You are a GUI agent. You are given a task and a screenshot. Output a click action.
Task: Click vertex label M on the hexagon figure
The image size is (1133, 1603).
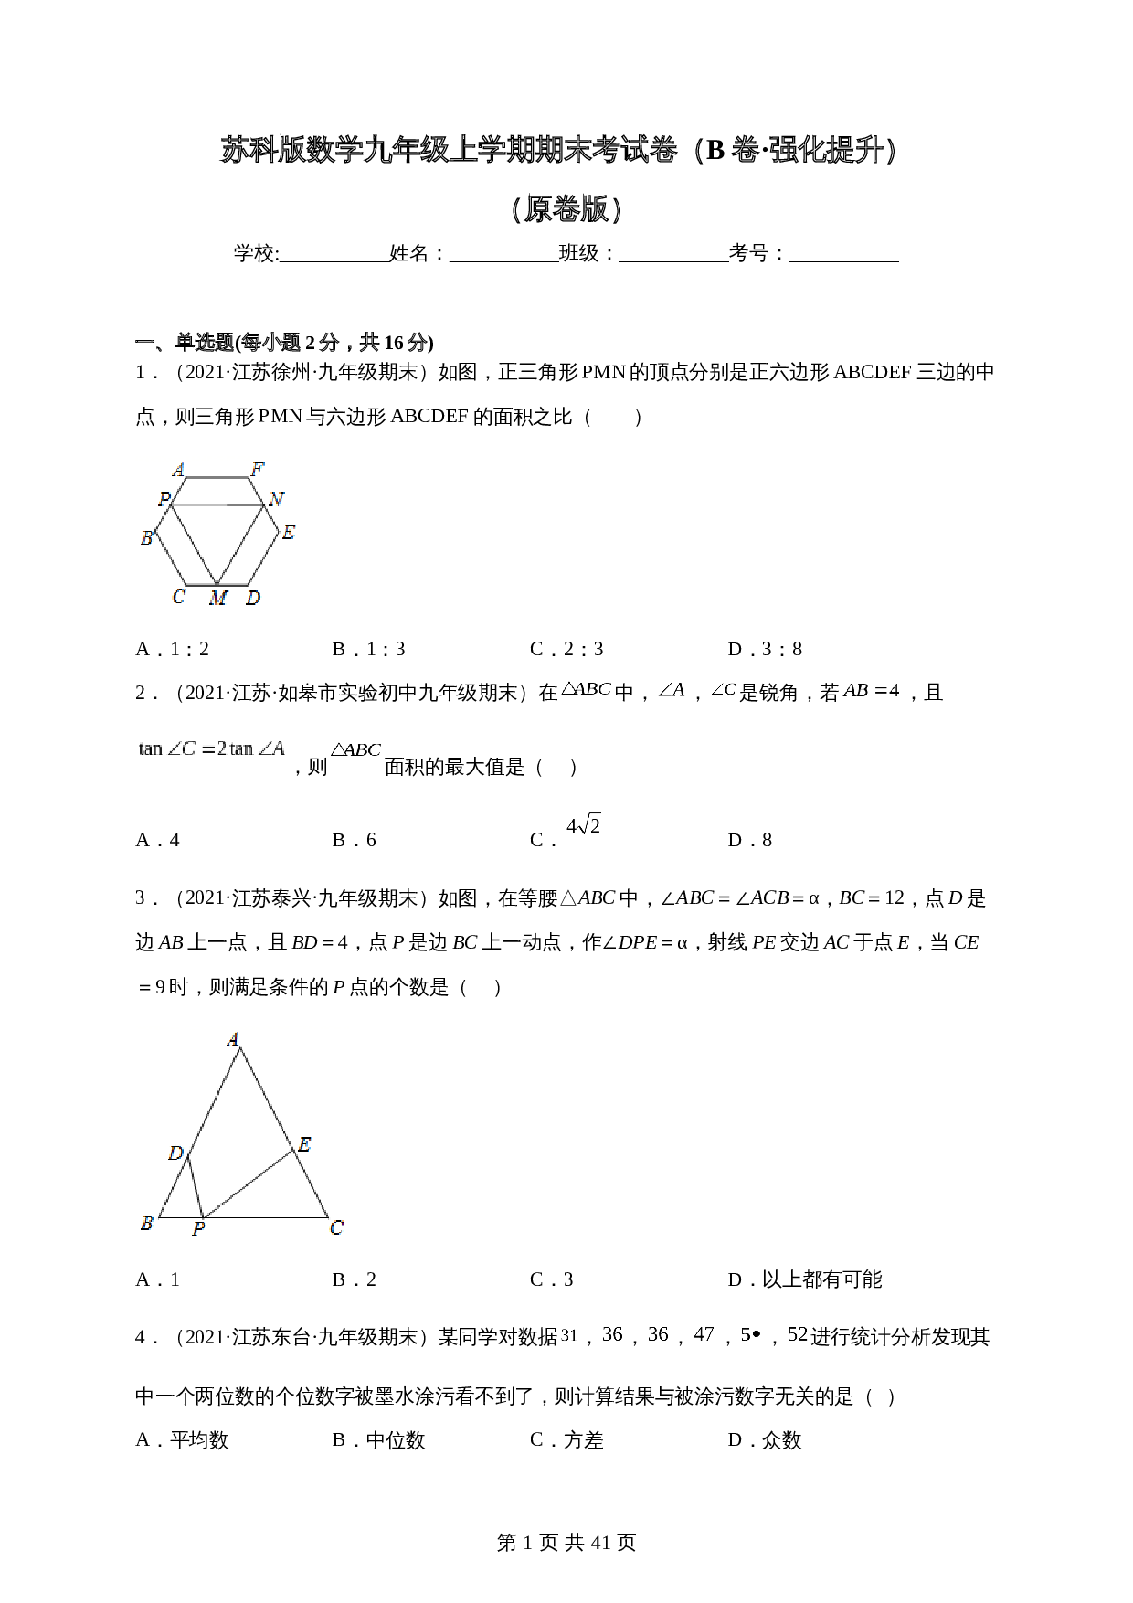point(217,599)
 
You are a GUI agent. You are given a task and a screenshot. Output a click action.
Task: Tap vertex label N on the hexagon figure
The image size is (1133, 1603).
point(276,499)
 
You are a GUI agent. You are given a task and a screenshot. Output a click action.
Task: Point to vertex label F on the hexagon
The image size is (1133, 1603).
point(258,470)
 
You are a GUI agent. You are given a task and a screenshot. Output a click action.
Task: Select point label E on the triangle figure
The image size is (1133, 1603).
point(304,1144)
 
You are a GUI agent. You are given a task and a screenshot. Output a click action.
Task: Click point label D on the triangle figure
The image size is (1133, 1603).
point(175,1153)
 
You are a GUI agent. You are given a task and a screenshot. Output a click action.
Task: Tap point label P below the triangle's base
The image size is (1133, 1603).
point(198,1230)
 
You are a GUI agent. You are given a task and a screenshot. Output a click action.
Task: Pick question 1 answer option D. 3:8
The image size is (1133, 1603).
point(765,649)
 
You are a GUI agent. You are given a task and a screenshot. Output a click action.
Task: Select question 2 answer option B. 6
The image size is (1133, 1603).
point(355,840)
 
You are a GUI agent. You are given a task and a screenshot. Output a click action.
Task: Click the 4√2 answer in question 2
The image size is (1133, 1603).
point(583,826)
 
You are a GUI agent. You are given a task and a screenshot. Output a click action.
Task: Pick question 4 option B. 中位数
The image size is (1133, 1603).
point(378,1440)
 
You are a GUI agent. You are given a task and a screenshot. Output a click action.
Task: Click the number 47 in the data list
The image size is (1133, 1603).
point(704,1334)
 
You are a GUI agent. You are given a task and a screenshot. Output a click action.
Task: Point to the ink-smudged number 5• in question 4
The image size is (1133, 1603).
point(749,1334)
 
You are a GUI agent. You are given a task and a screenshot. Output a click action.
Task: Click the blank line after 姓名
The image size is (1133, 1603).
point(503,255)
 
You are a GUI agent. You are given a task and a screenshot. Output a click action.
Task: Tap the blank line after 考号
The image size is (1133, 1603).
point(843,255)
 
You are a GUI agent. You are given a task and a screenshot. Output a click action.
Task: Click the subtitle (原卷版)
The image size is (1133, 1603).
point(566,209)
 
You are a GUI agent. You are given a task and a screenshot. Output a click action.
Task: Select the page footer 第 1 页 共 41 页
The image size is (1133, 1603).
point(566,1543)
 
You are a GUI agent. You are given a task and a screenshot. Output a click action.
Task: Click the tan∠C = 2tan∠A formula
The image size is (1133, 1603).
point(212,749)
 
